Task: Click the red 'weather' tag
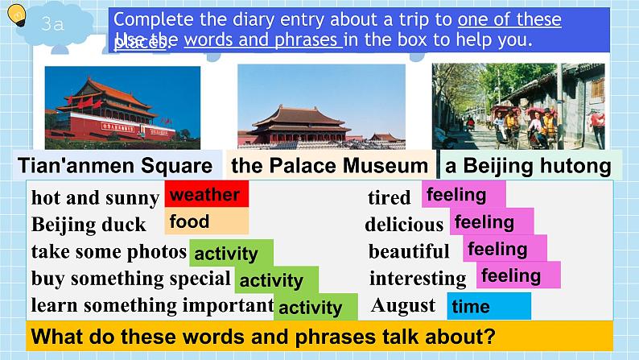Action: pyautogui.click(x=206, y=195)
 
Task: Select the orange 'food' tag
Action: pyautogui.click(x=206, y=222)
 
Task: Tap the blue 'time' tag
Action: pyautogui.click(x=489, y=307)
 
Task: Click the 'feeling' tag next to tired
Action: pyautogui.click(x=463, y=195)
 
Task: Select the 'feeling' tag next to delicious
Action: pyautogui.click(x=490, y=221)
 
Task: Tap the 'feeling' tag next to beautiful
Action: pyautogui.click(x=505, y=249)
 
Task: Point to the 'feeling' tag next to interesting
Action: pyautogui.click(x=516, y=276)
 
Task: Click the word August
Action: pyautogui.click(x=403, y=306)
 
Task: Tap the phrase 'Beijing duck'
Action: pyautogui.click(x=89, y=224)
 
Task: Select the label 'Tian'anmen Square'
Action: pyautogui.click(x=115, y=167)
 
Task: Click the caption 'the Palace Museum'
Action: pyautogui.click(x=329, y=167)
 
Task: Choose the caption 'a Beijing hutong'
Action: pyautogui.click(x=528, y=167)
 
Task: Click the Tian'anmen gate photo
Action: pyautogui.click(x=122, y=107)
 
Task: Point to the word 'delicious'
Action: pyautogui.click(x=404, y=224)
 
